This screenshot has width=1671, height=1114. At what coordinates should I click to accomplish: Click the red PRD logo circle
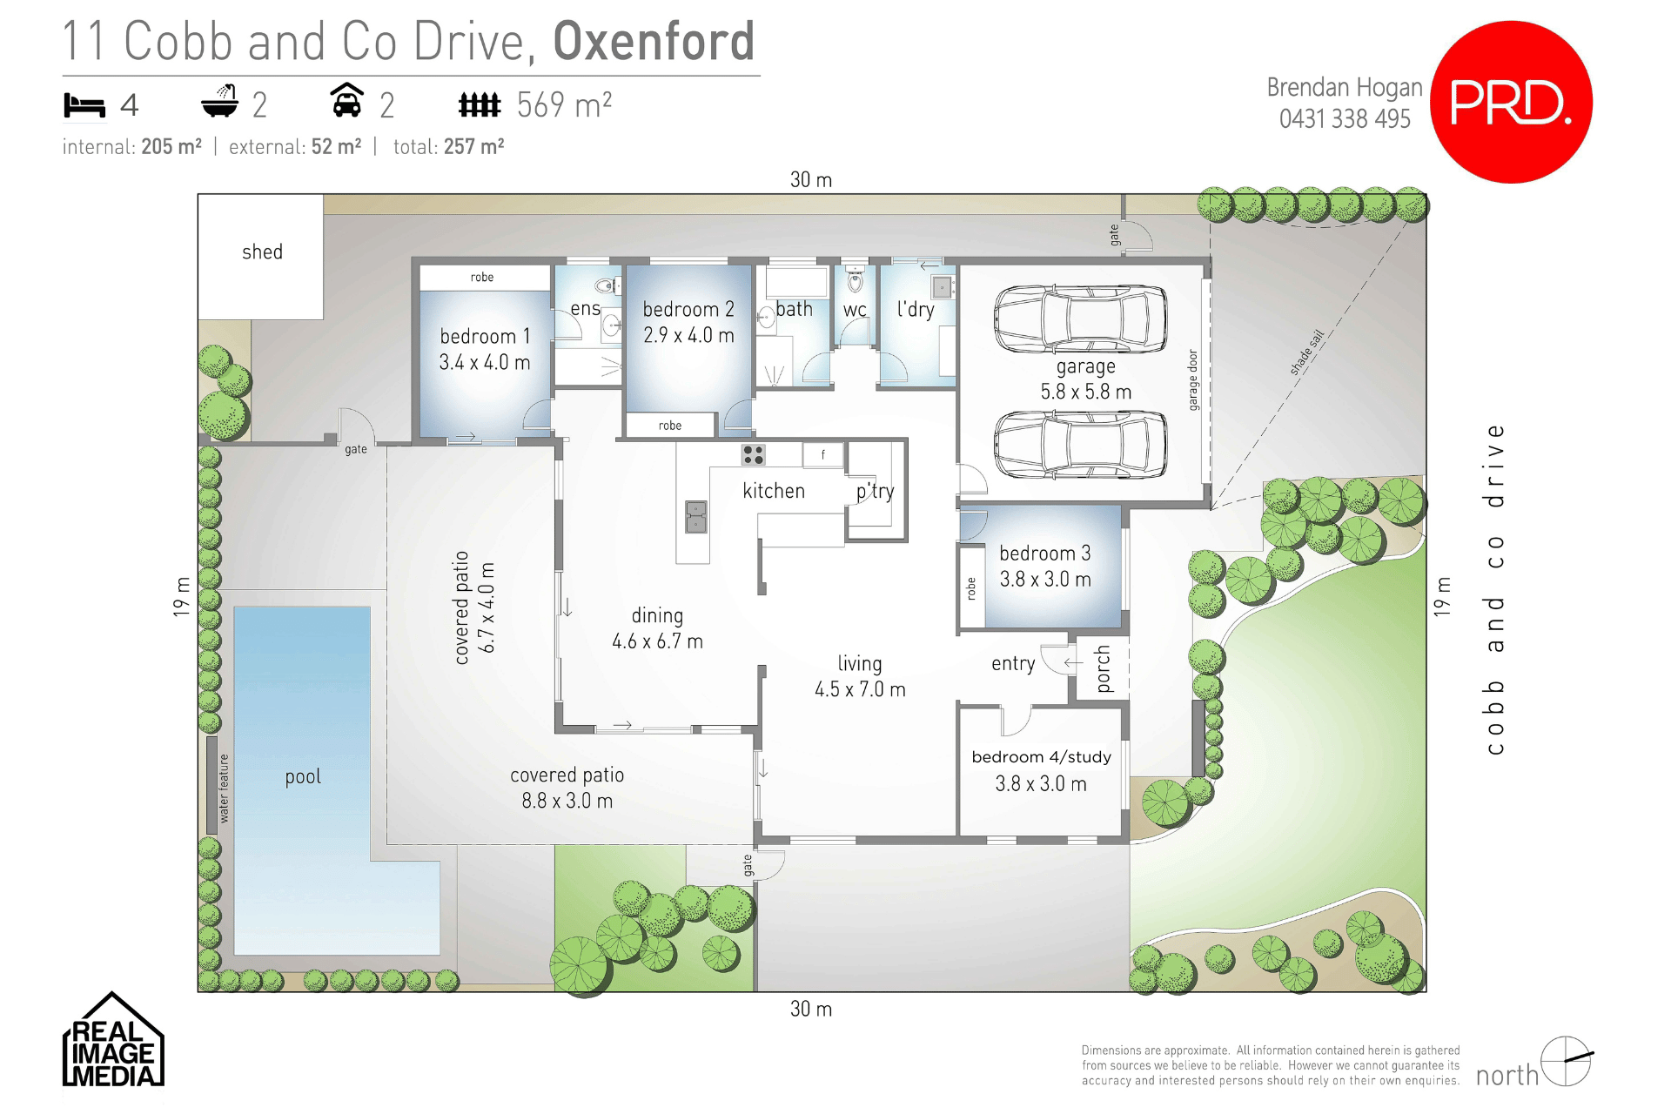pos(1511,102)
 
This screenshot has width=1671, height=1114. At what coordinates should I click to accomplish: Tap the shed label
pos(262,252)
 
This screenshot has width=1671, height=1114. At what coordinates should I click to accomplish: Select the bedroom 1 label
pos(485,337)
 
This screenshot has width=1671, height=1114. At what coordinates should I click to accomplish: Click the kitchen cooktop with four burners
pos(753,454)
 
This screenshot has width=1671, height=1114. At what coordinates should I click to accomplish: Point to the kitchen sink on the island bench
pos(695,516)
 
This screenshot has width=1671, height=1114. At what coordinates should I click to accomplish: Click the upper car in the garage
pos(1080,319)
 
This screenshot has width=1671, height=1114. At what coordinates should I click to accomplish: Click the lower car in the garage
pos(1080,445)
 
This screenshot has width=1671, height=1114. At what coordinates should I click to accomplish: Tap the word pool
pos(303,776)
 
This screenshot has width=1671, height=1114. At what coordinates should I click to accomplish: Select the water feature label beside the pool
pos(224,789)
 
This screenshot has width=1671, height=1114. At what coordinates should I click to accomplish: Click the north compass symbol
pos(1566,1061)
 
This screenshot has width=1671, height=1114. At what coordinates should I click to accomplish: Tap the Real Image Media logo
pos(112,1042)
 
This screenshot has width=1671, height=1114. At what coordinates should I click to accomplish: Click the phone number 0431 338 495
pos(1344,119)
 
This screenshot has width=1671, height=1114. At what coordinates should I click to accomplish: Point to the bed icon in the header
pos(84,105)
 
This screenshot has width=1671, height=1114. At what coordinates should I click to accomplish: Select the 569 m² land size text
pos(564,105)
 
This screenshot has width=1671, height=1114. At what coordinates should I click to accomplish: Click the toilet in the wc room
pos(855,279)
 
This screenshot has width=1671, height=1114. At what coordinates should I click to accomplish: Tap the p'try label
pos(875,492)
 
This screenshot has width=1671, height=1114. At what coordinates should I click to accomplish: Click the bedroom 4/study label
pos(1041,757)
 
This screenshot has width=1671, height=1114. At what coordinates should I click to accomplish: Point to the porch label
pos(1103,668)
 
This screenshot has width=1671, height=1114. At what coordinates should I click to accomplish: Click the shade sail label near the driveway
pos(1306,352)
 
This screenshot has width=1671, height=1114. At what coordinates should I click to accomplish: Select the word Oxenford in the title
pos(654,41)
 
